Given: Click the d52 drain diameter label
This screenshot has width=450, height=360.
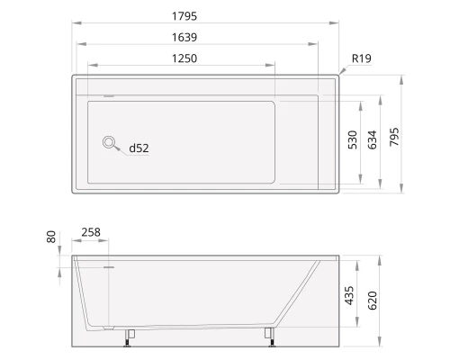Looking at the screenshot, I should coord(138,148).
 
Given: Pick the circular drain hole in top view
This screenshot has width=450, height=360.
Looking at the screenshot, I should coord(110,141).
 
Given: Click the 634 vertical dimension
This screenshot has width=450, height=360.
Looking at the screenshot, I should coord(372,139).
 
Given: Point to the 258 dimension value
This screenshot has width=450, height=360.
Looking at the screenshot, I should coord(91,232).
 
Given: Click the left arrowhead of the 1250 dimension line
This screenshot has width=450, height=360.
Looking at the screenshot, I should coord(89,66).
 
